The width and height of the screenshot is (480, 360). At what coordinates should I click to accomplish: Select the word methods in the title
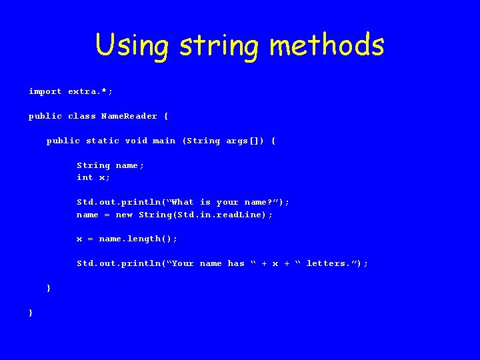pyautogui.click(x=327, y=45)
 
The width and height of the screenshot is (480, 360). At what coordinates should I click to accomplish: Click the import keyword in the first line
pyautogui.click(x=45, y=91)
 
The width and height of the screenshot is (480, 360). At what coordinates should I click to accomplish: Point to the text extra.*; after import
pyautogui.click(x=85, y=91)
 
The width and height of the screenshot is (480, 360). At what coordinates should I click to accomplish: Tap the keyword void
pyautogui.click(x=137, y=141)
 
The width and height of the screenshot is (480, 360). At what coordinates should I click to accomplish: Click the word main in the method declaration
pyautogui.click(x=165, y=141)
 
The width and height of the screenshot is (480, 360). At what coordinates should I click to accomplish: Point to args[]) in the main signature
pyautogui.click(x=245, y=141)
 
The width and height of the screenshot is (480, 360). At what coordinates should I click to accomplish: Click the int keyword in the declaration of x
pyautogui.click(x=85, y=177)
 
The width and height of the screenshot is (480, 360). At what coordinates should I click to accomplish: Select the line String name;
pyautogui.click(x=111, y=165)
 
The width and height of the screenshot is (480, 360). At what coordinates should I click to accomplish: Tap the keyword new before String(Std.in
pyautogui.click(x=124, y=215)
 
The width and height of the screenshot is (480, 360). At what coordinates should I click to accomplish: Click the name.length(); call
pyautogui.click(x=139, y=239)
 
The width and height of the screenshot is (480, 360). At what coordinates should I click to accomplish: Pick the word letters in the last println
pyautogui.click(x=326, y=263)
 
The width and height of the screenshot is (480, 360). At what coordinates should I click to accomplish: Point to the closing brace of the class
pyautogui.click(x=31, y=312)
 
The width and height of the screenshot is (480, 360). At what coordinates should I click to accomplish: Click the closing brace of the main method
pyautogui.click(x=48, y=288)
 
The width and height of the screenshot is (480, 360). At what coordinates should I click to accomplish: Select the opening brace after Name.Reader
pyautogui.click(x=166, y=116)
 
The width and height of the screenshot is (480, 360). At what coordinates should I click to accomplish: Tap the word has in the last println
pyautogui.click(x=236, y=263)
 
